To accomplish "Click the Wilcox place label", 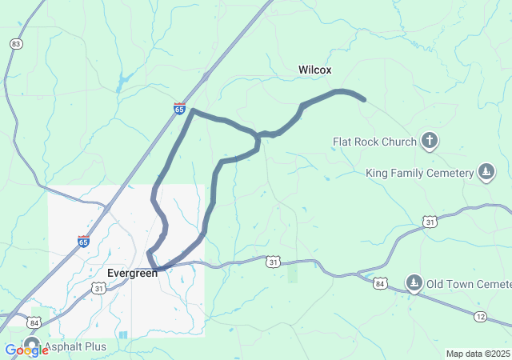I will click(x=314, y=70).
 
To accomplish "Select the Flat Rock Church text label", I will click(x=374, y=142).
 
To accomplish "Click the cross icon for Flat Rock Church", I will click(x=430, y=142).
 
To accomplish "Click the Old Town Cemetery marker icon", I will click(x=414, y=282).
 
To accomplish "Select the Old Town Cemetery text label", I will click(x=469, y=284).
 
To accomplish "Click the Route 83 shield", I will click(x=16, y=43).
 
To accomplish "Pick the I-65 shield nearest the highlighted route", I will click(x=180, y=107).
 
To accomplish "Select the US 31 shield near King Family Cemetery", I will click(x=430, y=221).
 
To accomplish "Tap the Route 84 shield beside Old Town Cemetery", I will click(x=380, y=284).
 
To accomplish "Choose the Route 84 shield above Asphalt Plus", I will click(x=34, y=322).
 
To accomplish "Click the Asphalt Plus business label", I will click(x=73, y=346).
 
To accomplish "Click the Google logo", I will click(x=26, y=350).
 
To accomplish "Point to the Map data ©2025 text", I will click(x=477, y=354).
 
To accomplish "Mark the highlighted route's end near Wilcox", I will click(x=364, y=100).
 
